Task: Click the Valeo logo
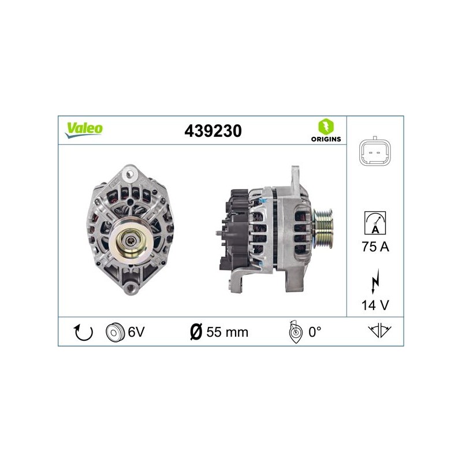pos(84,130)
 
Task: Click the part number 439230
pos(213,131)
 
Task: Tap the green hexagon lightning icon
pos(326,126)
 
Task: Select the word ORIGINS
pos(326,139)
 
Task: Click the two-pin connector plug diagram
pos(375,152)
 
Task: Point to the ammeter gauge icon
pos(375,223)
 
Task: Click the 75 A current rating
pos(375,247)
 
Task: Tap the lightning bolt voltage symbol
pos(375,281)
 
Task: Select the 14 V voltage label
pos(375,305)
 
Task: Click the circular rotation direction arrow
pos(83,333)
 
